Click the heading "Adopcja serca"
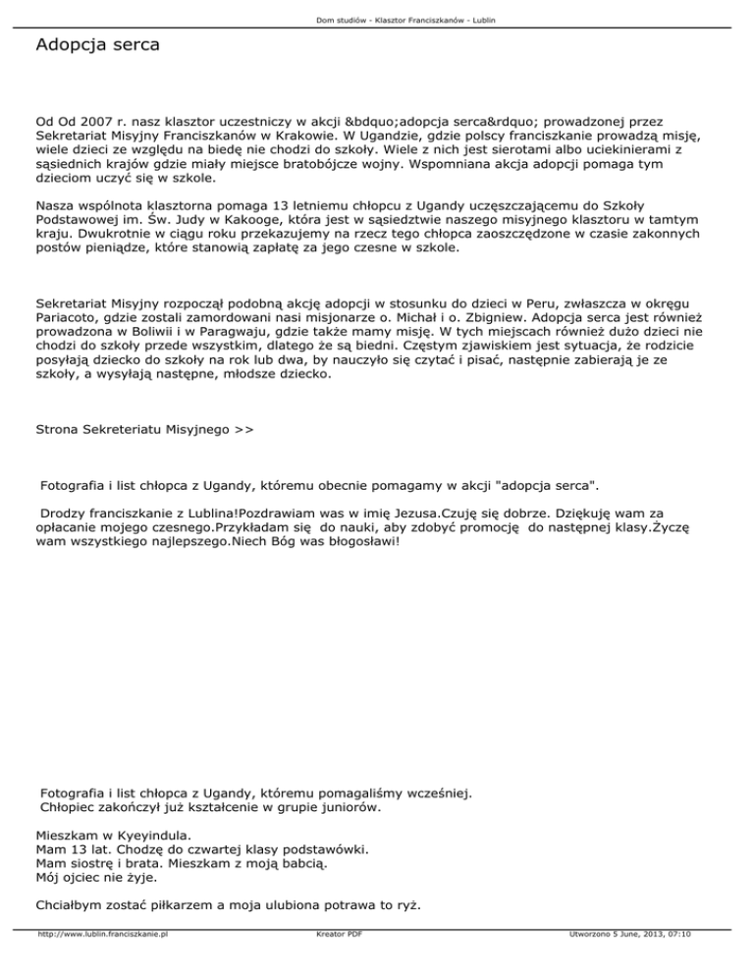click(96, 45)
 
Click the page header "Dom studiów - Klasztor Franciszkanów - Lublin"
click(377, 20)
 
